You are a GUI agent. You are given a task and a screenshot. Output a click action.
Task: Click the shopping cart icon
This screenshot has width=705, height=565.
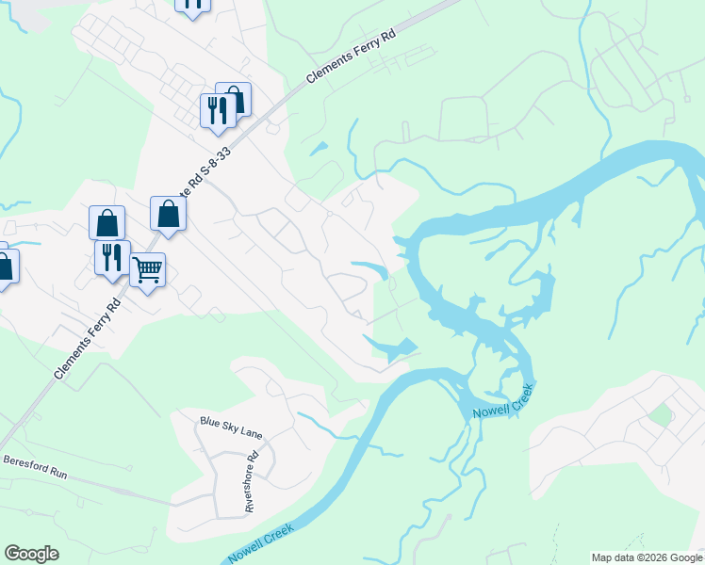click(148, 270)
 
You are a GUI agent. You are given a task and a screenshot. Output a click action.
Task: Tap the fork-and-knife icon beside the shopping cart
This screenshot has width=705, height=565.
click(112, 257)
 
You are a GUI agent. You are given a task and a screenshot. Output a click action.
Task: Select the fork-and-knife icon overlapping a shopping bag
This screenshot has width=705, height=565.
click(218, 109)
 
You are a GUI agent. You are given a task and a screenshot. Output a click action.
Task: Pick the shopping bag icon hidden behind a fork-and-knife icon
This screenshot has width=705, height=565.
click(236, 98)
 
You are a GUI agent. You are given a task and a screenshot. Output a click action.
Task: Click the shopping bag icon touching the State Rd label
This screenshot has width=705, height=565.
click(168, 213)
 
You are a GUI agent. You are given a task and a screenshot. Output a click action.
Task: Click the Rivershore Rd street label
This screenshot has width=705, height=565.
click(251, 483)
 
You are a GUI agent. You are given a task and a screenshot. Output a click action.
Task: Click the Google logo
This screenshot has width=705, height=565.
click(31, 554)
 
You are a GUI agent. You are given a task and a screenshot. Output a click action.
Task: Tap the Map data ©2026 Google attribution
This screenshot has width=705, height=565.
click(647, 557)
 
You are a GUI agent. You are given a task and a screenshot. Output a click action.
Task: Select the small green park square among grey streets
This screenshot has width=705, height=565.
click(661, 413)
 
